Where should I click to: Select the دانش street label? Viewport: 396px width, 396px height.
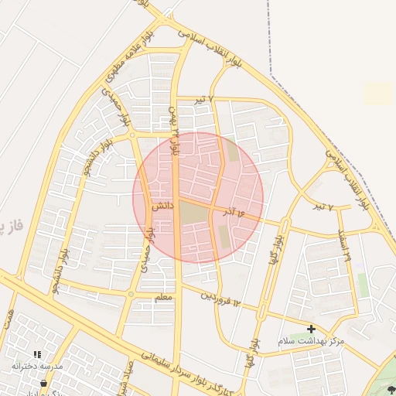(x=161, y=207)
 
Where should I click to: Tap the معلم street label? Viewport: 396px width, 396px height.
(x=162, y=297)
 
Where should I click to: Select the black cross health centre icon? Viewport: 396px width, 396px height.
(x=311, y=329)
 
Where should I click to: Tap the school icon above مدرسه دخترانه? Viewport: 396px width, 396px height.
(x=37, y=354)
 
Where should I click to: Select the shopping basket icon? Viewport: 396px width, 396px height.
(x=43, y=382)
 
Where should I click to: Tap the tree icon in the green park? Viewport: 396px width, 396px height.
(x=390, y=390)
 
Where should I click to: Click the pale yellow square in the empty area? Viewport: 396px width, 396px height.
(x=378, y=94)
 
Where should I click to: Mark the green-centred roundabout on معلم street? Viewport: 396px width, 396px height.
(x=131, y=294)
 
